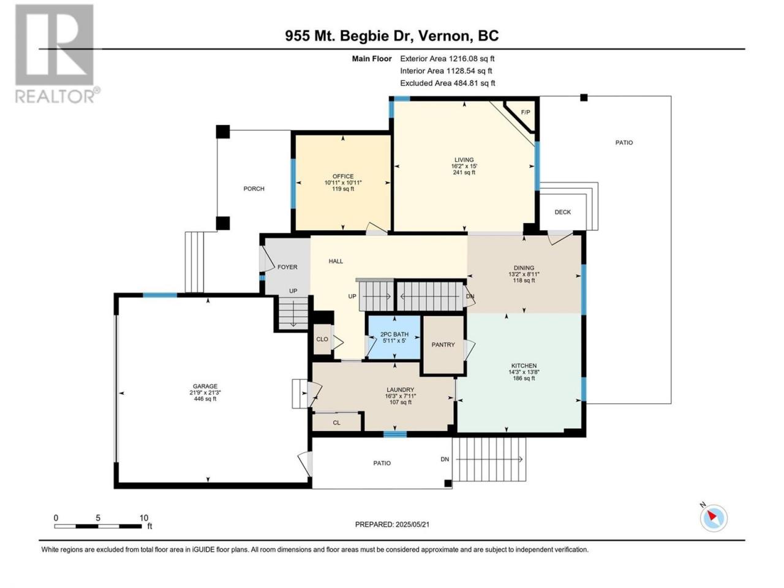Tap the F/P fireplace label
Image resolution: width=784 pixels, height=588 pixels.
525,113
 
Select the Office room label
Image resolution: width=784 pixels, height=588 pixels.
343,176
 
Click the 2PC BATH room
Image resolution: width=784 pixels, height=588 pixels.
394,337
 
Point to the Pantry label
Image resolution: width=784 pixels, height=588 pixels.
443,345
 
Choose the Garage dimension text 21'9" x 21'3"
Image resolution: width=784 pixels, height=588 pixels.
205,393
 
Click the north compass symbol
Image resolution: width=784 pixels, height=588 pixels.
714,518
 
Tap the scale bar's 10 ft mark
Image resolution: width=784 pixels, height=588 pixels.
143,518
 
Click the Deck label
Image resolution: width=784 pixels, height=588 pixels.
562,212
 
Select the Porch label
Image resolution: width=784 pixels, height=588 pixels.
254,189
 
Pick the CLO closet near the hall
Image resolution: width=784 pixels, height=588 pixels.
322,339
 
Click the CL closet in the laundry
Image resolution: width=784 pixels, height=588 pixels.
336,423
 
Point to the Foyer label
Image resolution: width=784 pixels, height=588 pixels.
287,267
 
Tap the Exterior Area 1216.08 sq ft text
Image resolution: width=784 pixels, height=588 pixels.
447,59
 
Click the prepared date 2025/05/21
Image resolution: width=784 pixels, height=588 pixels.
412,524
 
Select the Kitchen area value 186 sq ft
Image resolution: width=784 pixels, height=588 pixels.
524,378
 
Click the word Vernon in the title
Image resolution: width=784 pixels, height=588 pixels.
443,36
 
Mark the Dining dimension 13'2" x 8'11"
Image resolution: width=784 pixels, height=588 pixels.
524,274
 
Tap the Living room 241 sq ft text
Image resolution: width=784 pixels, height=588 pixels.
464,173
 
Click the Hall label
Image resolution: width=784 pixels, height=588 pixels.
336,262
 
